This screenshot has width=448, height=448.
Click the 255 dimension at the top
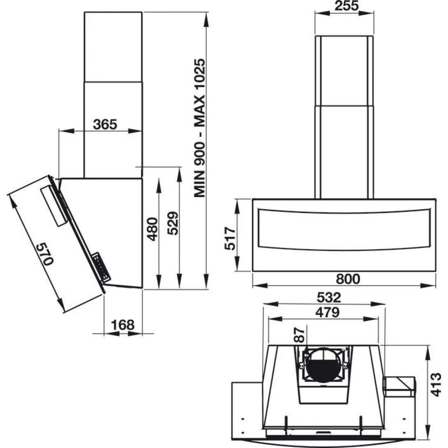[x=344, y=6]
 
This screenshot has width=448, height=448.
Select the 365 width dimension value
[x=104, y=124]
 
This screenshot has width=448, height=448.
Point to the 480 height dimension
[x=152, y=229]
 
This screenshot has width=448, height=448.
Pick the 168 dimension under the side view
[x=123, y=325]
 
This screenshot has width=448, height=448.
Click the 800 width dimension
[x=347, y=279]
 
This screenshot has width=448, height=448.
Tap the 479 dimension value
[x=325, y=312]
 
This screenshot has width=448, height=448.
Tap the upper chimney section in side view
[x=113, y=46]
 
